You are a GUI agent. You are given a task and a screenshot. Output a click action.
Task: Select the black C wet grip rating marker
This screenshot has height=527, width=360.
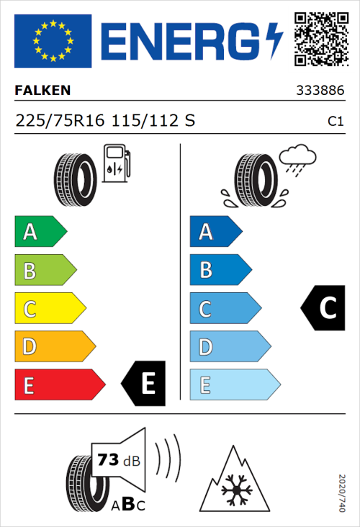pyautogui.click(x=323, y=308)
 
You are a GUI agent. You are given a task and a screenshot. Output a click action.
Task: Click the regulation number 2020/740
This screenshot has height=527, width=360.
pyautogui.click(x=342, y=493)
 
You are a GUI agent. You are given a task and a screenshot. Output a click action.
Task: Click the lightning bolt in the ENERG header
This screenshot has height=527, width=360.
pyautogui.click(x=274, y=40)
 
